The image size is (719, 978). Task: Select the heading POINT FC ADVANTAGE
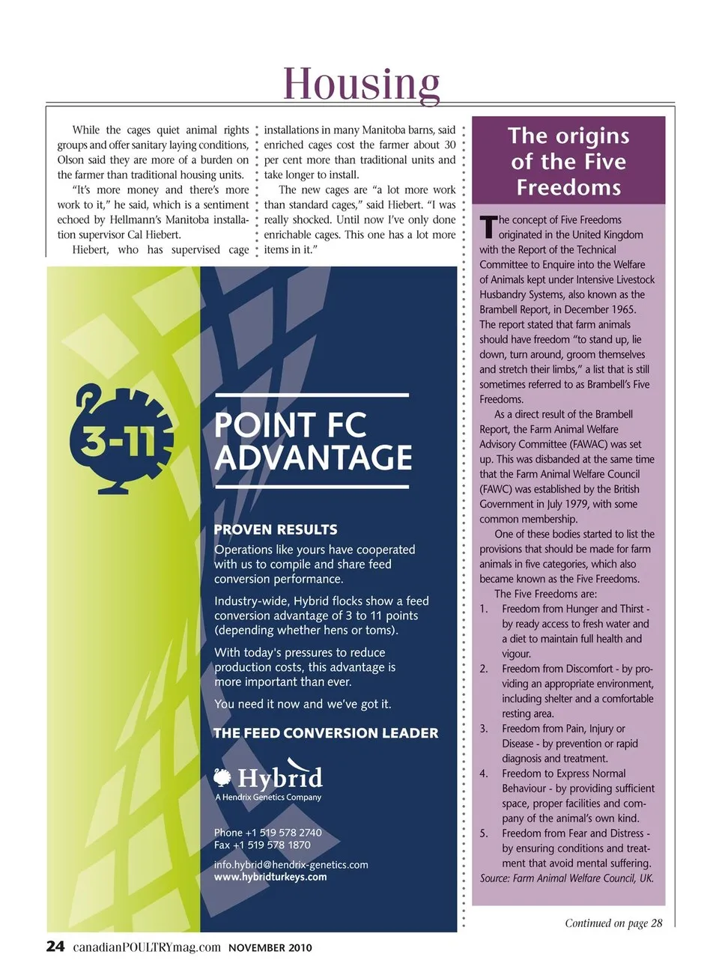click(312, 441)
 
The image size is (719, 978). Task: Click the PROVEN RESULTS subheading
click(276, 529)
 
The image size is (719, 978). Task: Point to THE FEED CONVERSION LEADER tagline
click(326, 733)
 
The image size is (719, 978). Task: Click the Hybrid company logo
click(269, 779)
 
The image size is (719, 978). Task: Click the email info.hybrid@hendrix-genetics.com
click(291, 865)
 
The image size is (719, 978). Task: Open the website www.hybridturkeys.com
click(270, 877)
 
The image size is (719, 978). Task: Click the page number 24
click(55, 947)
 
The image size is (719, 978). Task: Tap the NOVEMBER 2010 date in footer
click(270, 947)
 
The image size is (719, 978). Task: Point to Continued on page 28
click(613, 923)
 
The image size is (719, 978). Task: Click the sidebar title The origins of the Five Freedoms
click(568, 161)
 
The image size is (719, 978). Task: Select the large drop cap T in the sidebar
click(488, 225)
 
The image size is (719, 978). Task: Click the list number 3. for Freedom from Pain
click(484, 729)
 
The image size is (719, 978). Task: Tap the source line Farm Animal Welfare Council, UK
click(567, 878)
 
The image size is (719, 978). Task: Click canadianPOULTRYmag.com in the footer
click(147, 947)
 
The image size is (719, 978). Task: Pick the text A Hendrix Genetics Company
click(268, 798)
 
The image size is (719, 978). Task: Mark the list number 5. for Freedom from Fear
click(484, 833)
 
